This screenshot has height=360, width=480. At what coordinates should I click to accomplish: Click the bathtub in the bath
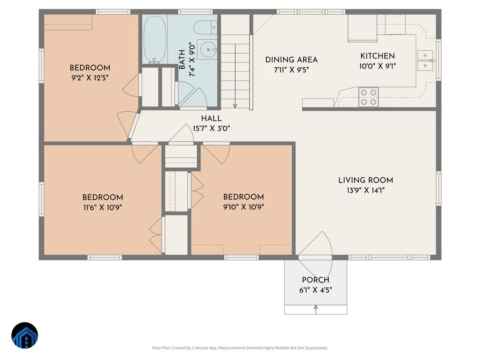click(155, 40)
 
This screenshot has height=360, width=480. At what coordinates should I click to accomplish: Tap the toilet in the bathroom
click(205, 28)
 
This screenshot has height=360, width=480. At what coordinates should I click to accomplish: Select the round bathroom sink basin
click(208, 50)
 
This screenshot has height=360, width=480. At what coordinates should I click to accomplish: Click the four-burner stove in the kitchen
click(368, 97)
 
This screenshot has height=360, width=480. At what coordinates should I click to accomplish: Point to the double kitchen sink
click(425, 60)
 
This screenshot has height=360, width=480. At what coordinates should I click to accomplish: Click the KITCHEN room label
click(378, 56)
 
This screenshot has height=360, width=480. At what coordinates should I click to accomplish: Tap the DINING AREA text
click(291, 60)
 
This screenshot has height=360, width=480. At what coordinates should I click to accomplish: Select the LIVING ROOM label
click(366, 180)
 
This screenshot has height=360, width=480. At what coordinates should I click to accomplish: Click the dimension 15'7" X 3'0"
click(211, 128)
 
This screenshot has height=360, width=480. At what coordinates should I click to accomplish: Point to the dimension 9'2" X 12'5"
click(90, 78)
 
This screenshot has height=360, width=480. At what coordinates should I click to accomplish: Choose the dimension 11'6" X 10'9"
click(102, 208)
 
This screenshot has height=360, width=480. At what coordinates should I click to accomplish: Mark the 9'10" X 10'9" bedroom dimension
click(243, 207)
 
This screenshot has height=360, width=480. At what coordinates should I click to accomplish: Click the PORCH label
click(316, 280)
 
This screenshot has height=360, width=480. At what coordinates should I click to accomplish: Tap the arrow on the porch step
click(316, 310)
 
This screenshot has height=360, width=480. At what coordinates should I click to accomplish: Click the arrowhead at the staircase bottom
click(235, 106)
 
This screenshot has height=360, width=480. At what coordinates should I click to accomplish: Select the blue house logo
click(25, 335)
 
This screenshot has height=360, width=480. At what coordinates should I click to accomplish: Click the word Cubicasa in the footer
click(200, 348)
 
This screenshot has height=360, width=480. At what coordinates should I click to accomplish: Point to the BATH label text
click(182, 60)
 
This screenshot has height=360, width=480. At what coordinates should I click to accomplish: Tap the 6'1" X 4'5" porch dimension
click(316, 290)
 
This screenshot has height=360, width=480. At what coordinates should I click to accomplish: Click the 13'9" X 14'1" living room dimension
click(366, 190)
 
